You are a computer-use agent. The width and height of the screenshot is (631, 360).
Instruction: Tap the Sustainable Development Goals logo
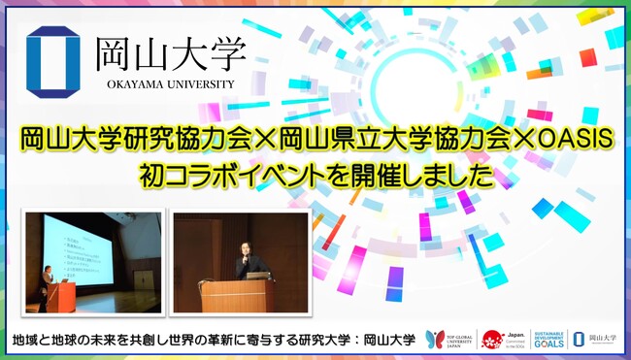pos(546,339)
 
